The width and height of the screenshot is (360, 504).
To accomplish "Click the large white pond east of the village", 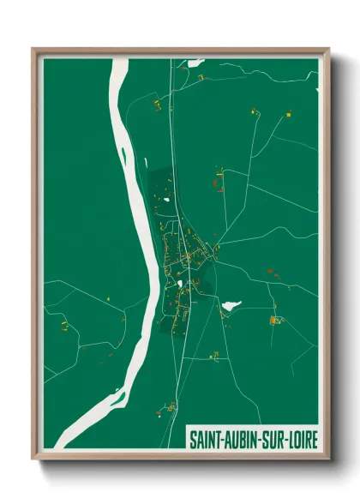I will pos(231,304).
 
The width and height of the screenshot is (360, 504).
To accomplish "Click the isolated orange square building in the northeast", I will pos(289,114).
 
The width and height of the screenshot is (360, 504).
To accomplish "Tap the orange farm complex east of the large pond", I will pos(275,321).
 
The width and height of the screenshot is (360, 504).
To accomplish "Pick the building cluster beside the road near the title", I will pos(171,403).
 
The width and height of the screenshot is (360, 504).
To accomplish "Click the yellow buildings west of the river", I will pos(63,327).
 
